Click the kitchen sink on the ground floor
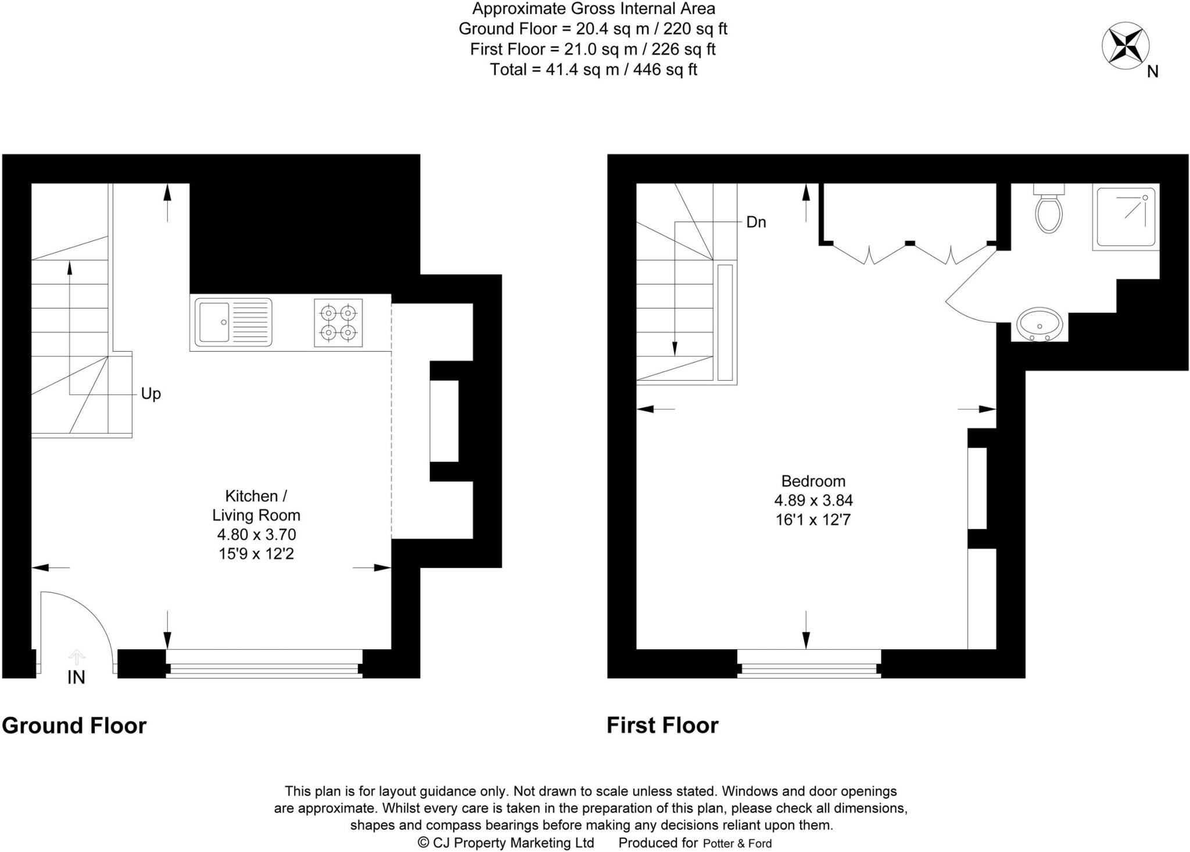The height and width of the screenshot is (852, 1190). tap(233, 322)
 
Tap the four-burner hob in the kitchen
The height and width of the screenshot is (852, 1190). tap(338, 323)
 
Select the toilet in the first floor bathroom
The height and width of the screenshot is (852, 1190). tap(1049, 210)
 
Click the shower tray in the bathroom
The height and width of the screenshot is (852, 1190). tap(1125, 217)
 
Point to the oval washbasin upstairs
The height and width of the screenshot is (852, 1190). tap(1040, 324)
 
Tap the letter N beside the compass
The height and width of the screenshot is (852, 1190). tap(1153, 71)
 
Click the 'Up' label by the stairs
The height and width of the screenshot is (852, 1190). tap(150, 394)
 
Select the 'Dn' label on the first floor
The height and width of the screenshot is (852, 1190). tap(756, 223)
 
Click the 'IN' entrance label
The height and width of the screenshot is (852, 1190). tap(76, 677)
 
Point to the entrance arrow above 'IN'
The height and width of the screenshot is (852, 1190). tap(77, 657)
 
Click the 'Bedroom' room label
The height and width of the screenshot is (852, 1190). tap(813, 481)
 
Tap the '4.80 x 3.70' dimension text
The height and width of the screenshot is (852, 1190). tap(256, 535)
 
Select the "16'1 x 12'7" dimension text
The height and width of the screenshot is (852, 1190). tap(813, 520)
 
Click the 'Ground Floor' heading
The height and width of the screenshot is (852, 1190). tap(74, 726)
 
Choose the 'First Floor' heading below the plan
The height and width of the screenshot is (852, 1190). tap(662, 725)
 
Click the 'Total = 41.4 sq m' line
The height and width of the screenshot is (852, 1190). tap(593, 70)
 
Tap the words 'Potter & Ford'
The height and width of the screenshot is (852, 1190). tap(737, 843)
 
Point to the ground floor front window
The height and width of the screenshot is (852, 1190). tap(264, 664)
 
